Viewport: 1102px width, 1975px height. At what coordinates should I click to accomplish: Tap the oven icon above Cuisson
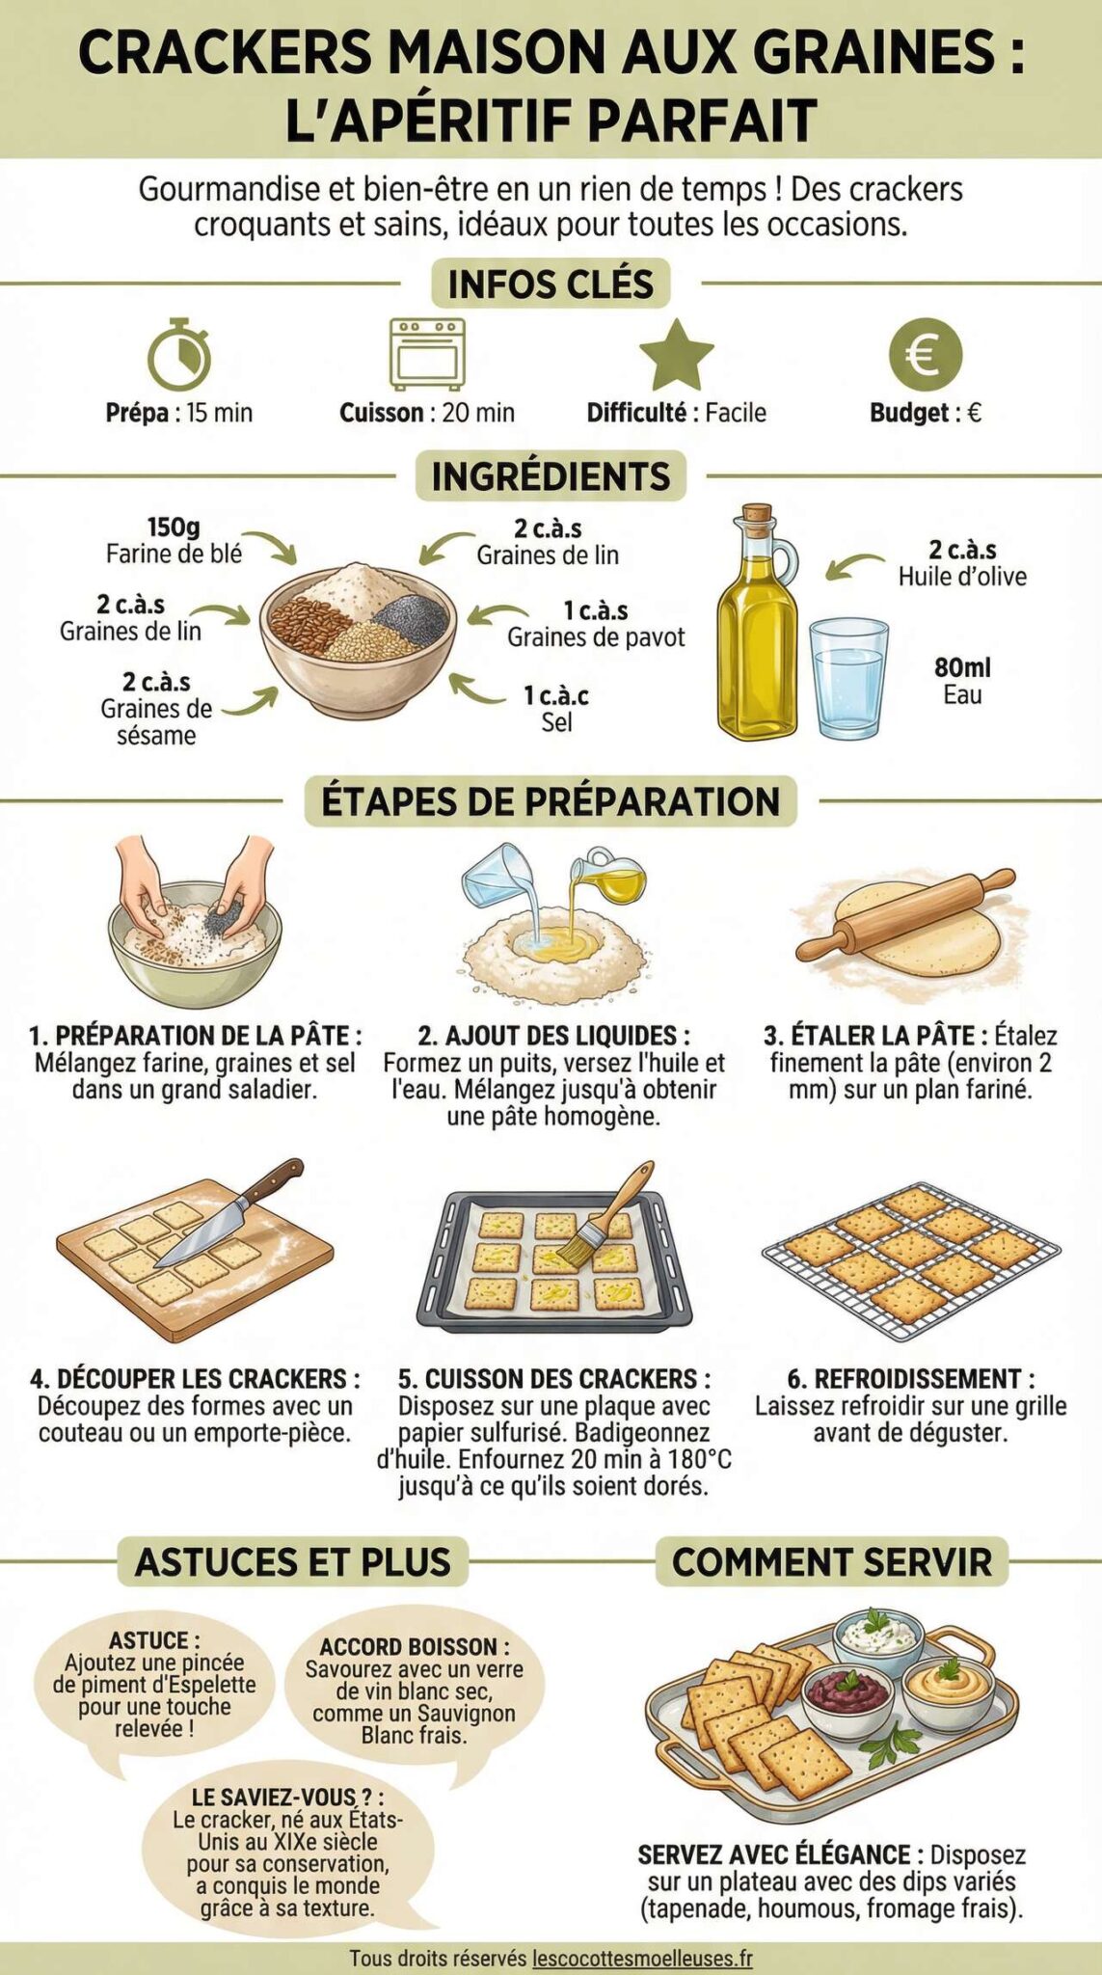(427, 354)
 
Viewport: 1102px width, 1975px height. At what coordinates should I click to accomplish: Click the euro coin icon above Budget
(925, 354)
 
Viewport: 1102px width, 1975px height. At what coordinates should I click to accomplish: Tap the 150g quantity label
(174, 528)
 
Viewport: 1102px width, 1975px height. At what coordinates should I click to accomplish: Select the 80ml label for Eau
(962, 667)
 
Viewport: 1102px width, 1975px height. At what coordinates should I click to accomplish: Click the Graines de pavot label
(596, 637)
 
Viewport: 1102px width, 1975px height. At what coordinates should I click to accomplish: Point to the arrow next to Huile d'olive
(854, 566)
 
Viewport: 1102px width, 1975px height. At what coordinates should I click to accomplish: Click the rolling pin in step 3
(905, 912)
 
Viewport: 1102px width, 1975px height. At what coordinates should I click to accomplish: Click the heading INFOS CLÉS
(551, 284)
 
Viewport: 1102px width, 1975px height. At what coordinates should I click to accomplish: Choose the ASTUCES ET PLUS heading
(293, 1562)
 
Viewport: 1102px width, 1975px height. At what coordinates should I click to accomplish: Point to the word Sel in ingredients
(556, 722)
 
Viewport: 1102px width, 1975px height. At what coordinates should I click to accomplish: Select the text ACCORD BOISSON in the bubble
(414, 1646)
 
